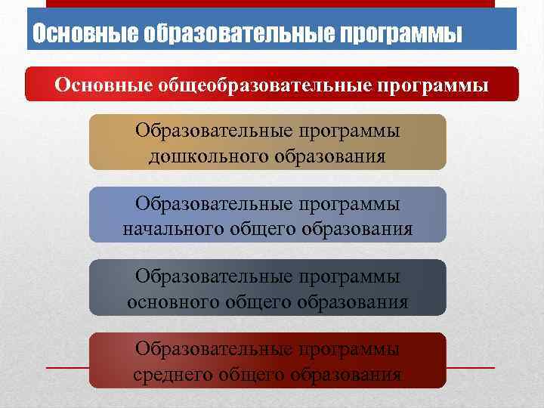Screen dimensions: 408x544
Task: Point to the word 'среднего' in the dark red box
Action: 172,375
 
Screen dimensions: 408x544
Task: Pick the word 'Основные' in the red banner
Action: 102,85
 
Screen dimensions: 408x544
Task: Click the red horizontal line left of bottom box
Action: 68,368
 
